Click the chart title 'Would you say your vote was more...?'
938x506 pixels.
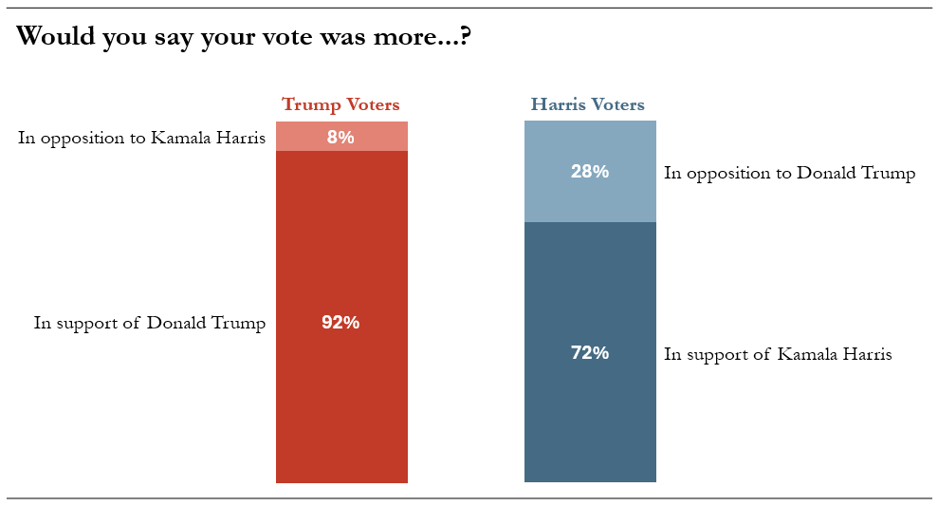244,37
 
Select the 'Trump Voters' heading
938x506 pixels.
341,104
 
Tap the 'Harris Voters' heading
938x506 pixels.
587,104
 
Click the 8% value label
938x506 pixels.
340,137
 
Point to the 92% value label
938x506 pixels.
340,322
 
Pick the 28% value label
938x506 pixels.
590,171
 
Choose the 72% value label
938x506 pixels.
590,353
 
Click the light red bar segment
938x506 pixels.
341,137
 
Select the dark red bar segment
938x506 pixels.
341,317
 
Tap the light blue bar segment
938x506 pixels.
591,171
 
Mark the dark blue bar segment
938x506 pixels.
591,352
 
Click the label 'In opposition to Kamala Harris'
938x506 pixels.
141,139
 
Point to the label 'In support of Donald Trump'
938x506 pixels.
150,324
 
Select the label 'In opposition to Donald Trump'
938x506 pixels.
790,174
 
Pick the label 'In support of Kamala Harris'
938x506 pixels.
778,354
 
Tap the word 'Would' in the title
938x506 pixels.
55,36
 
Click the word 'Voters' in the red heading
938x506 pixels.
374,104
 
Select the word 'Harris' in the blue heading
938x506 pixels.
558,104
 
